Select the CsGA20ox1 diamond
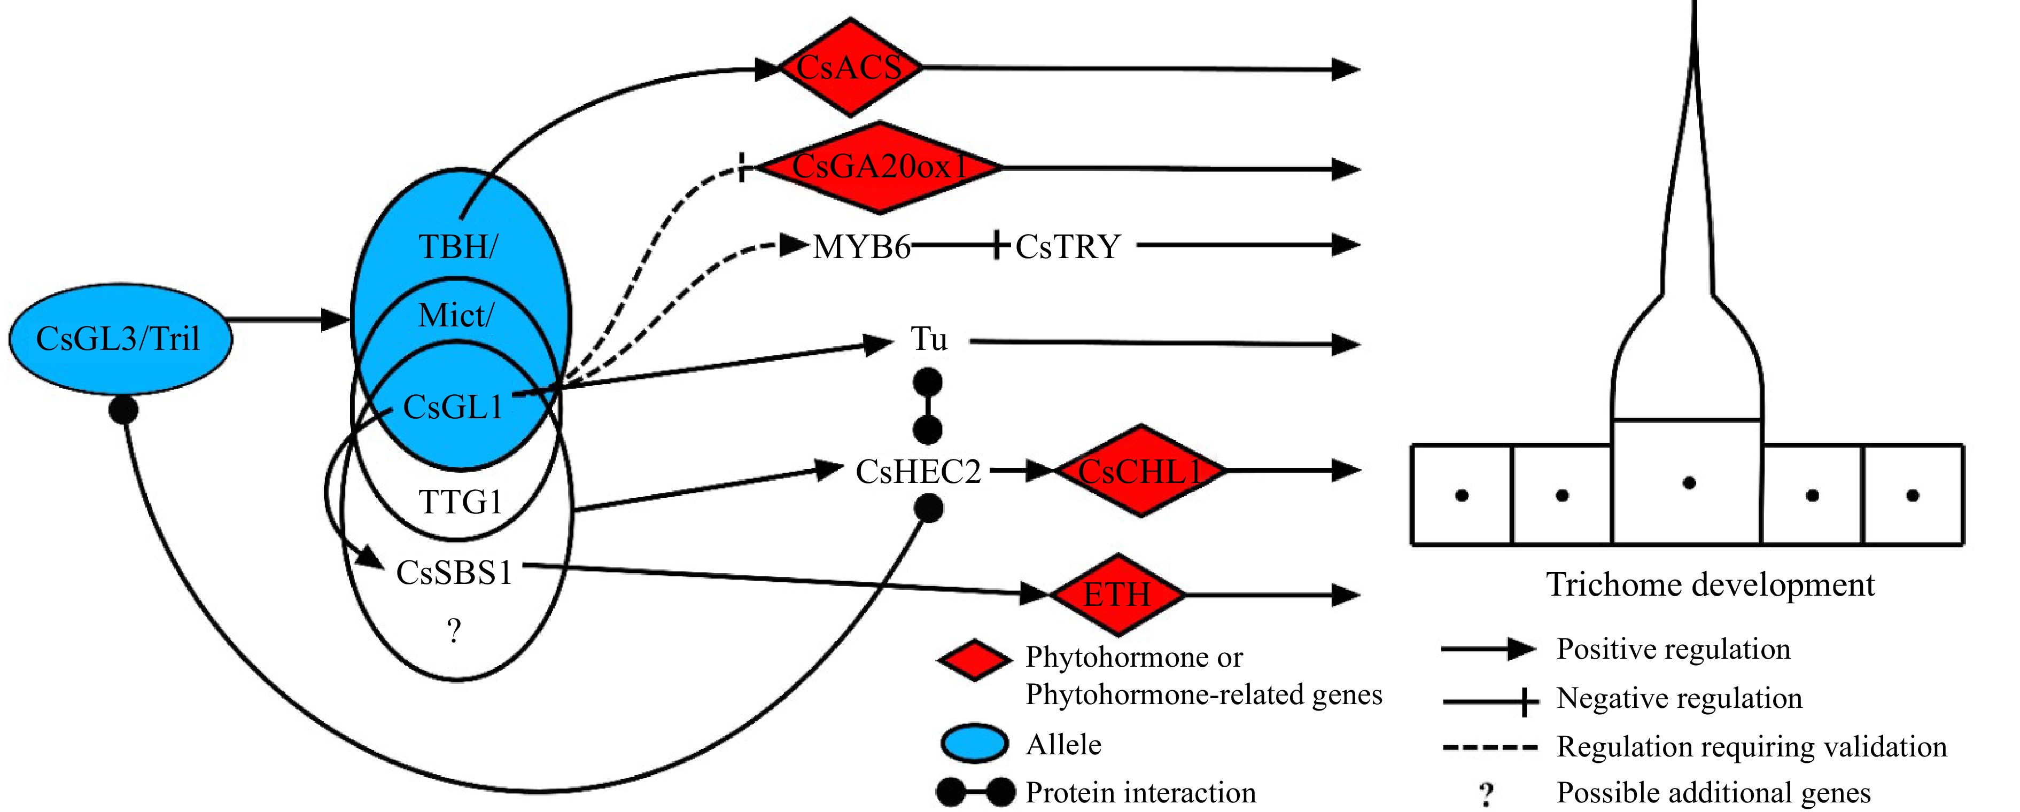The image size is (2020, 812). tap(879, 167)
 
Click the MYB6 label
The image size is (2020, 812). tap(861, 247)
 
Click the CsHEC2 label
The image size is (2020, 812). tap(918, 472)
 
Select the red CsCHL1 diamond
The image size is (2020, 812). tap(1140, 471)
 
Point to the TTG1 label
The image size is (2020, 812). tap(460, 502)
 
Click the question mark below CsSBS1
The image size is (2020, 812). tap(454, 631)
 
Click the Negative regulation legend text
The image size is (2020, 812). tap(1679, 698)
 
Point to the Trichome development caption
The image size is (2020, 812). tap(1710, 585)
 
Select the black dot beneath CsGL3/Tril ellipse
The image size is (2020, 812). tap(123, 409)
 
